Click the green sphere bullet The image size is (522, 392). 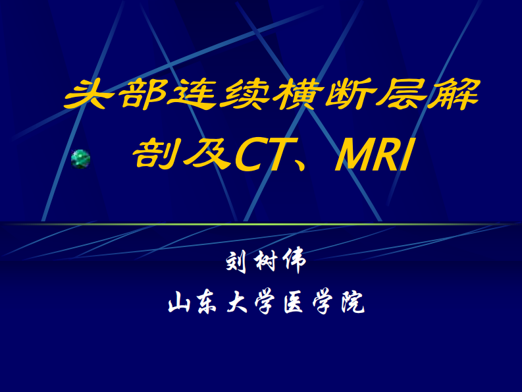click(80, 158)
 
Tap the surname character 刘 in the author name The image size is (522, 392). click(235, 263)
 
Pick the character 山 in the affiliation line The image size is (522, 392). click(179, 303)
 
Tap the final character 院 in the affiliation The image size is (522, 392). click(349, 303)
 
